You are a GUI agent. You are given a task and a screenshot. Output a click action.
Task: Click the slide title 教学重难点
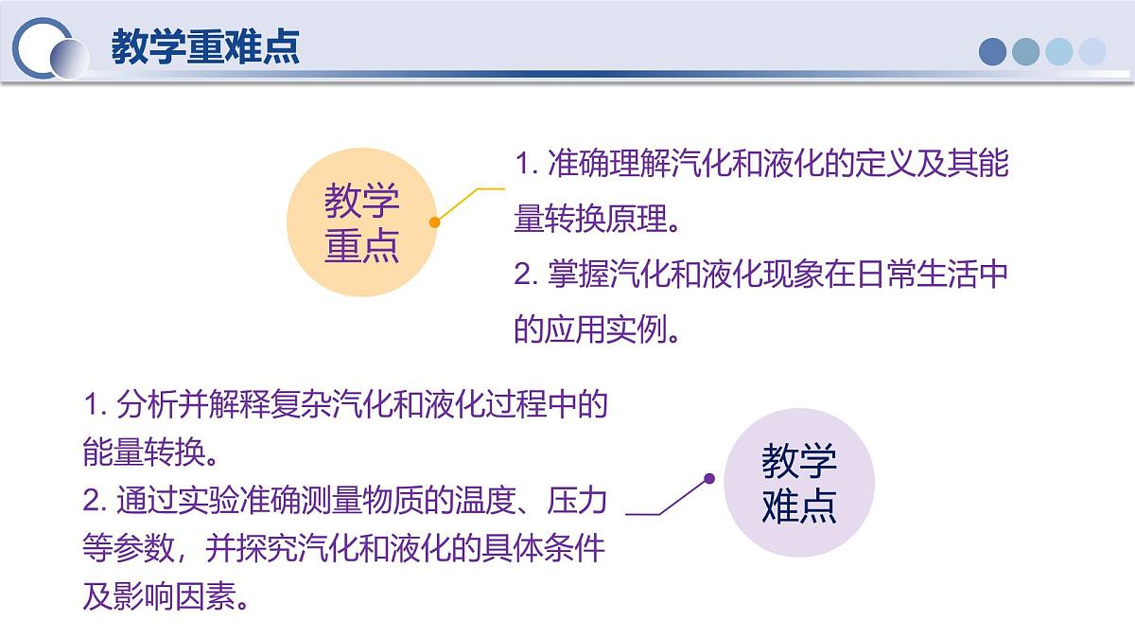pyautogui.click(x=205, y=46)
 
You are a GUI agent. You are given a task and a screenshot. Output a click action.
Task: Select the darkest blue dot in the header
pyautogui.click(x=992, y=51)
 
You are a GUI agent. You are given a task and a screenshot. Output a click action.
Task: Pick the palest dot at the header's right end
pyautogui.click(x=1092, y=51)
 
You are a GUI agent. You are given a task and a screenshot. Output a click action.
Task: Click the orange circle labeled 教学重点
pyautogui.click(x=362, y=222)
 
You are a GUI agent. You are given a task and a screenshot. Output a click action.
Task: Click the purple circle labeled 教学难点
pyautogui.click(x=799, y=483)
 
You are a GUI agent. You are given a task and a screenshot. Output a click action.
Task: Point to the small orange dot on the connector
pyautogui.click(x=434, y=222)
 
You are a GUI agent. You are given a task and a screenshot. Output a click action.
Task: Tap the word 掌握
pyautogui.click(x=571, y=275)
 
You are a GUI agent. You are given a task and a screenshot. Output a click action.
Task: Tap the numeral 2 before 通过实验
pyautogui.click(x=91, y=501)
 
